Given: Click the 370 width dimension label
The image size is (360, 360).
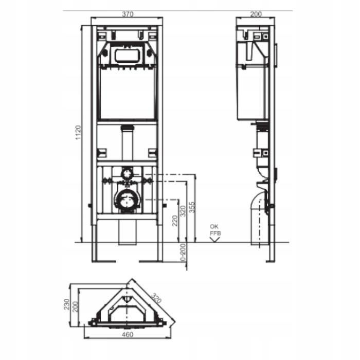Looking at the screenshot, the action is [128, 14].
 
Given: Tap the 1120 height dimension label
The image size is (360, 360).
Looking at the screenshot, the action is [78, 133].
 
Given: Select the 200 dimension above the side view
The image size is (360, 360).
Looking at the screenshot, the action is [256, 14].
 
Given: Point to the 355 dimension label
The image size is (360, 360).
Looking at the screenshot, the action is [192, 207].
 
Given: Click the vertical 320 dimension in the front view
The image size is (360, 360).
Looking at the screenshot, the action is [183, 211].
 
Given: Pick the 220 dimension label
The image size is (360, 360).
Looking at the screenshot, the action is [175, 221].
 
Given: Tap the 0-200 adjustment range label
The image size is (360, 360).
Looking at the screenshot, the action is [183, 252].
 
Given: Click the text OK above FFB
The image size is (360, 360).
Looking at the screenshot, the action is [214, 227].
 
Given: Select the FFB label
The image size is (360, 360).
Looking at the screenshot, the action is [215, 233].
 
